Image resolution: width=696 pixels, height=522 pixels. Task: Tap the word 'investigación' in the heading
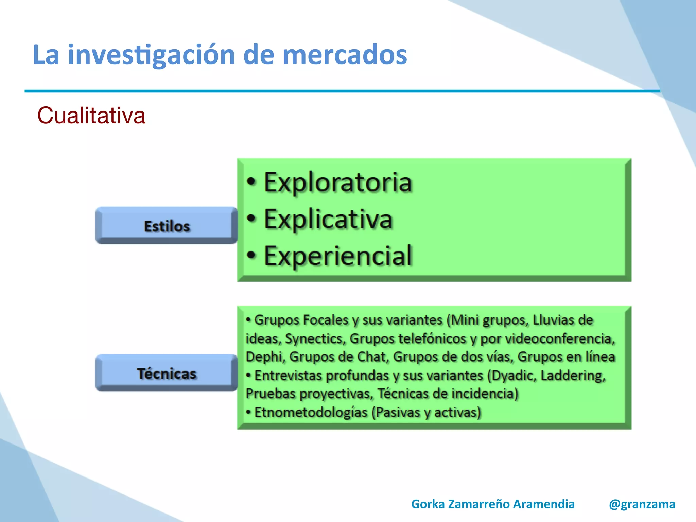point(151,55)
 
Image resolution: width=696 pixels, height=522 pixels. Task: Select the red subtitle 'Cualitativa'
point(91,116)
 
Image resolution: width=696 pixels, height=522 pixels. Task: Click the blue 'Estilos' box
point(167,226)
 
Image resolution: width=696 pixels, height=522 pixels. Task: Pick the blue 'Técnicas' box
point(167,373)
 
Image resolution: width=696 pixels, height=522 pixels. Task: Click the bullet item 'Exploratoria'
point(338,182)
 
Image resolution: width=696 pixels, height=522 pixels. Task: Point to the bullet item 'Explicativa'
point(328,219)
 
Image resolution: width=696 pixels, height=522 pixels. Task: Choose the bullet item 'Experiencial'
point(338,256)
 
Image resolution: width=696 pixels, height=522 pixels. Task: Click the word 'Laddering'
point(573,376)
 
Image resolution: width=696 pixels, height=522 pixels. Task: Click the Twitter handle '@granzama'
point(642,504)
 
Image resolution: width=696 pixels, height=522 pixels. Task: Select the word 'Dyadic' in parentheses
point(512,376)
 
